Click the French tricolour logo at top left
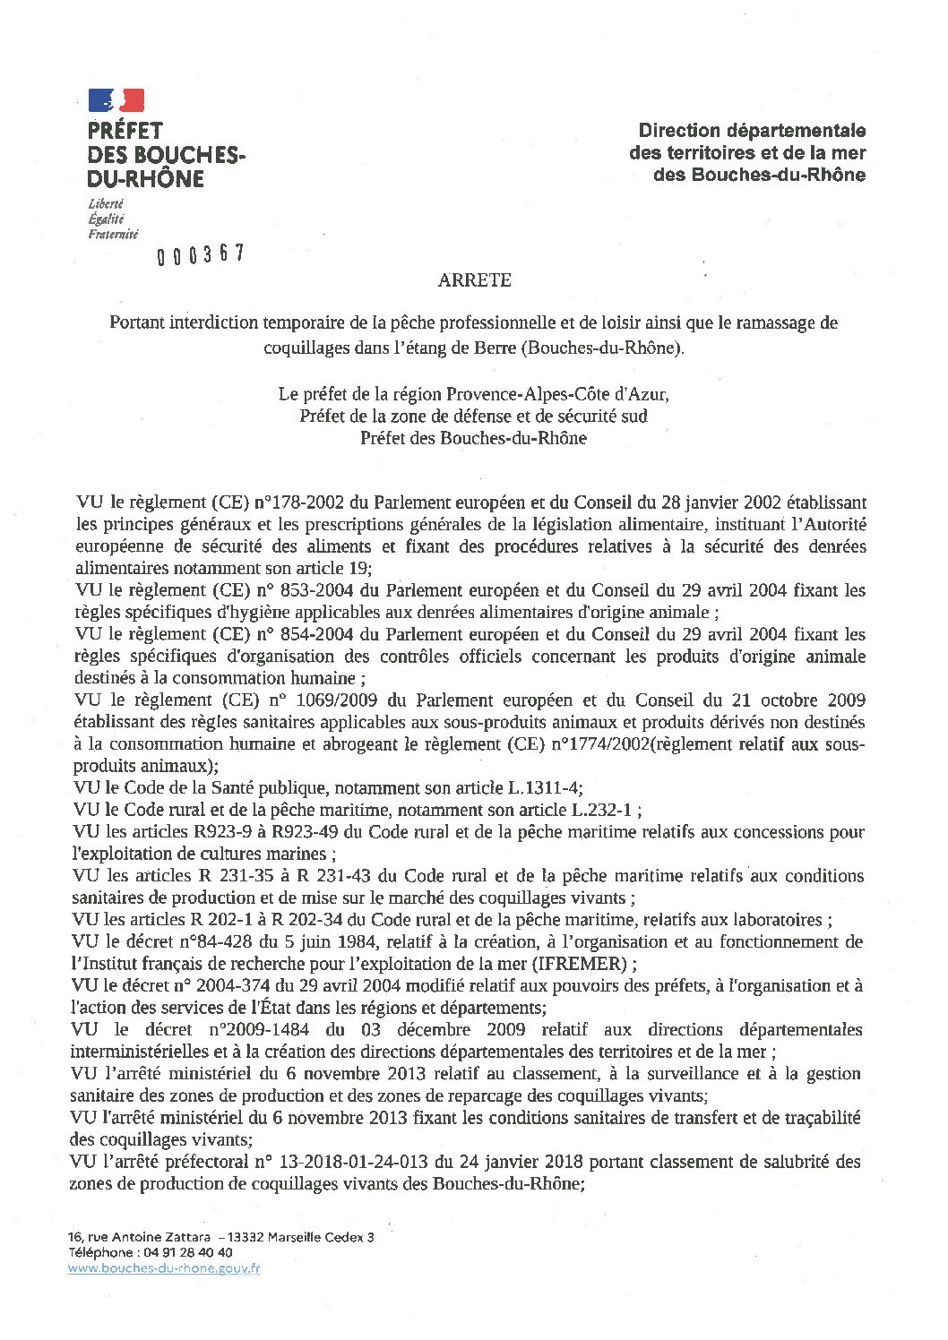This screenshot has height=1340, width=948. coord(116,100)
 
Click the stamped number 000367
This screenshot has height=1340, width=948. coord(201,255)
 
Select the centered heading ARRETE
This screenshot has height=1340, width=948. coord(474,280)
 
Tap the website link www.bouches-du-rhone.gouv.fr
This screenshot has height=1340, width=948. coord(164,1268)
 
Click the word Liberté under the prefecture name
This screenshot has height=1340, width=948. coord(105,204)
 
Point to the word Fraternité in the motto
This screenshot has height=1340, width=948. coord(113,235)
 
